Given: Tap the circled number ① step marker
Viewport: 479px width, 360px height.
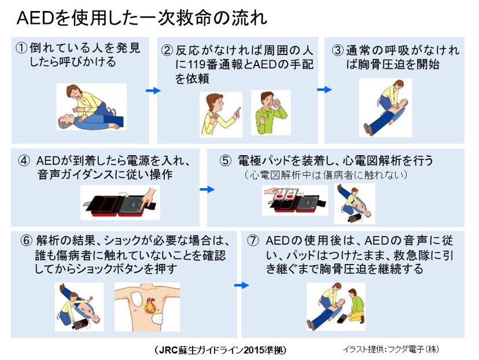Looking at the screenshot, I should click(21, 49).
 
